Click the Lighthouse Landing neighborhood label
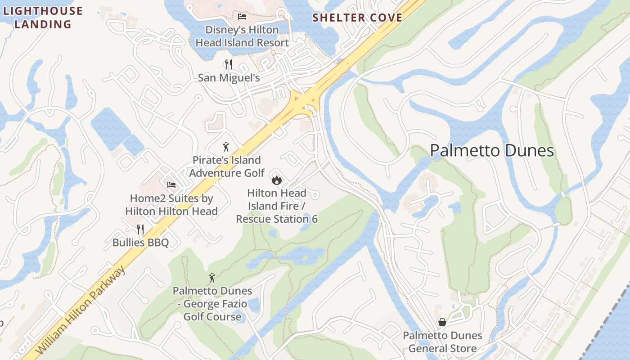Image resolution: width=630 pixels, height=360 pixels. [x=43, y=17]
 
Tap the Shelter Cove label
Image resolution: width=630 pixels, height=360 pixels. [x=357, y=18]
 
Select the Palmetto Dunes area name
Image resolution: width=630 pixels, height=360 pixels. [x=492, y=150]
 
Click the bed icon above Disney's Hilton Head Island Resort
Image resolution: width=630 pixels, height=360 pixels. [x=242, y=17]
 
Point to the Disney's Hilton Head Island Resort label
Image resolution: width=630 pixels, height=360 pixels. [x=242, y=36]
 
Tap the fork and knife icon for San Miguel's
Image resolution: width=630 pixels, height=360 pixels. [x=229, y=64]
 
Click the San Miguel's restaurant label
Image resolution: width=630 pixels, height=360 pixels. [x=229, y=78]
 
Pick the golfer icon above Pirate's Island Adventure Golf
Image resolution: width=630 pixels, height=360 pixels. [x=226, y=147]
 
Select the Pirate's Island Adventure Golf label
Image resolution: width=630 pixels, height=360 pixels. [x=227, y=166]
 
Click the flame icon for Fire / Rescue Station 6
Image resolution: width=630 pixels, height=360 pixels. [x=276, y=180]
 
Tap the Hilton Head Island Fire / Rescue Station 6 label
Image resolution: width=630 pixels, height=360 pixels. [x=277, y=206]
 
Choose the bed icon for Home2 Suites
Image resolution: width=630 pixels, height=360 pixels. [x=171, y=184]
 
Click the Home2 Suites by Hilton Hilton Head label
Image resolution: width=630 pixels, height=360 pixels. [x=171, y=205]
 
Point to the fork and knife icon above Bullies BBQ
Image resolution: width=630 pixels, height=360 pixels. [x=140, y=229]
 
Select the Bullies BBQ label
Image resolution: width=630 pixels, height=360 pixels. [x=140, y=243]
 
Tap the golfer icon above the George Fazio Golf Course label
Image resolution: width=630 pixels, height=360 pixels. [x=212, y=278]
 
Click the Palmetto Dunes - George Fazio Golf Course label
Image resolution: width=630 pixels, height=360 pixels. [x=212, y=304]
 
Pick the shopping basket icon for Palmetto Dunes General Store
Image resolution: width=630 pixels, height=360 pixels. [x=442, y=322]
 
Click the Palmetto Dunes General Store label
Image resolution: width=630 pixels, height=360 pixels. [x=442, y=342]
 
